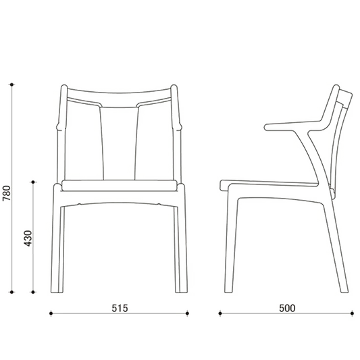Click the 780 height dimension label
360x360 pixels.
(x=7, y=193)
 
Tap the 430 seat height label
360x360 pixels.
(x=28, y=238)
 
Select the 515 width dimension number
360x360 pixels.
(x=120, y=308)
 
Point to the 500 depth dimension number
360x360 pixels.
(x=287, y=308)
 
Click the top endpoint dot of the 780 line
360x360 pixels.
(x=12, y=84)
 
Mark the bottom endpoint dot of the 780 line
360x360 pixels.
(x=12, y=292)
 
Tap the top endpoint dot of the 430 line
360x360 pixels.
(x=33, y=182)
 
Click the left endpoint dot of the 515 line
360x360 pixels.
(x=51, y=313)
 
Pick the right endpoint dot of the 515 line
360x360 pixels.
(x=187, y=313)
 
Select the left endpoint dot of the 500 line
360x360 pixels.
(x=220, y=313)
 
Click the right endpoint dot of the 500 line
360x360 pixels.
(x=352, y=313)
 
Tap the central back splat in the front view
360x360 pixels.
(x=120, y=143)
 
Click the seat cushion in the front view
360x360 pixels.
(x=120, y=186)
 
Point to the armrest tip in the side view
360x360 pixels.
(x=266, y=127)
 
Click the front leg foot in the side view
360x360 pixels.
(x=229, y=291)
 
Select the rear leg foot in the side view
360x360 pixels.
(x=344, y=291)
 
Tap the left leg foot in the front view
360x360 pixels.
(x=57, y=291)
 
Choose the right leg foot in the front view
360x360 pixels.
(x=182, y=291)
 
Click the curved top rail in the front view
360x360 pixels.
(x=119, y=98)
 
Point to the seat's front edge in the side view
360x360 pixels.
(x=223, y=185)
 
